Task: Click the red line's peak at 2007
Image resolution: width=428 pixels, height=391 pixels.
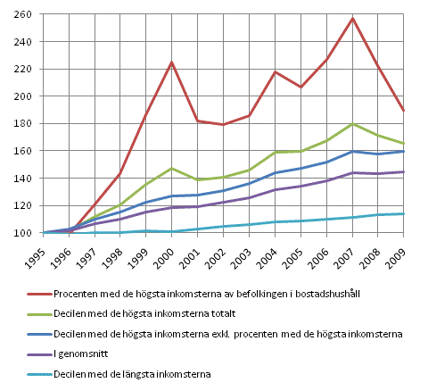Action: (354, 18)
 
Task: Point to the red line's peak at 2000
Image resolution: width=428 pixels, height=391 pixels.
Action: (171, 62)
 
